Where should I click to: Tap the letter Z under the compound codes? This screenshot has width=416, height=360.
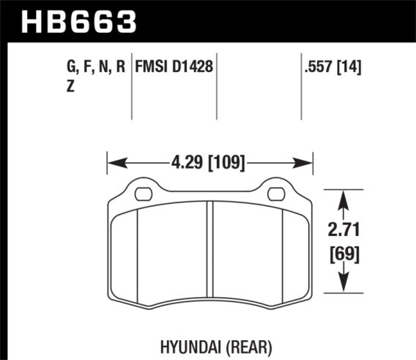[71, 85]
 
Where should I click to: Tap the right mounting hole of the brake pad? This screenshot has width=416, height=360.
[276, 194]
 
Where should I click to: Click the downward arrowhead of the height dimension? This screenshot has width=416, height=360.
[343, 287]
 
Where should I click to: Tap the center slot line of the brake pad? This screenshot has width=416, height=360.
[210, 249]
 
